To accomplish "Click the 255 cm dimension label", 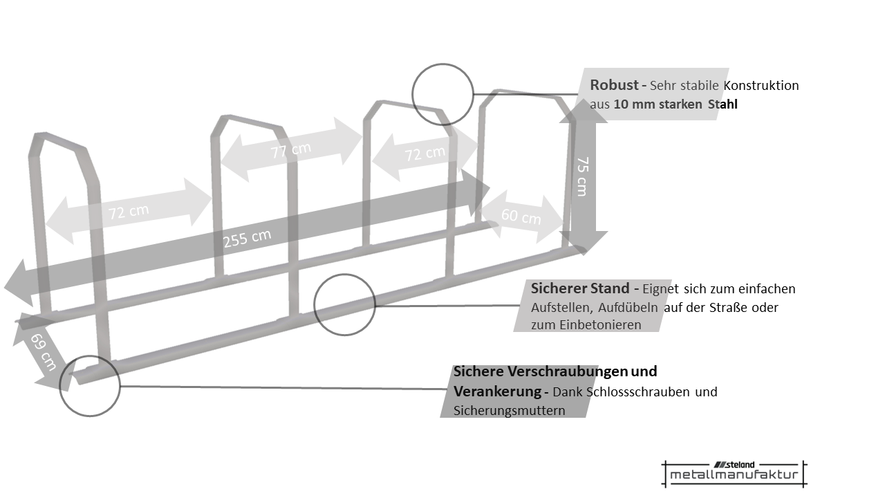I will (247, 239).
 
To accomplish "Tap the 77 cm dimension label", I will (290, 150).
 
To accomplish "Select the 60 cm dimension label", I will (521, 216).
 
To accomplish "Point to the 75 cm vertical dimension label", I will (582, 176).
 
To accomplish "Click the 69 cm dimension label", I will (43, 351).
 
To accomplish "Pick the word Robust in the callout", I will (614, 85).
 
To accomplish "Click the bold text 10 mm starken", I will (658, 104).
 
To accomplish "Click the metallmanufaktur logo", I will (734, 474).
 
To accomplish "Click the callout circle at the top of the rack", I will (442, 94).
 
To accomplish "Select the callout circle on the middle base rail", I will (344, 305).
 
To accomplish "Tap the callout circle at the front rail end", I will (90, 385).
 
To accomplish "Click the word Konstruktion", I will (761, 86).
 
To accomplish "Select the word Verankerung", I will (497, 391).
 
